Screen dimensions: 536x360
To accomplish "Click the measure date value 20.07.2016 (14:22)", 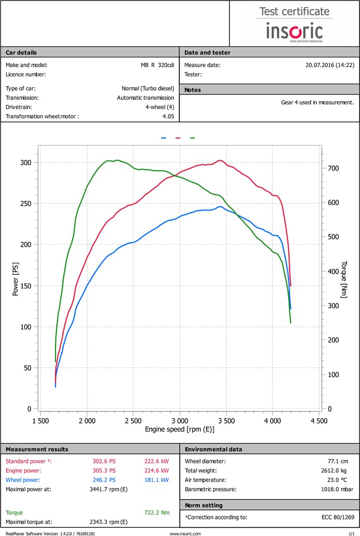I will coord(330,65).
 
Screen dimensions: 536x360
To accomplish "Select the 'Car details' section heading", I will coord(21,52).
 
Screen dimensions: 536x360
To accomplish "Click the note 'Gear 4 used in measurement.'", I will coord(318,102).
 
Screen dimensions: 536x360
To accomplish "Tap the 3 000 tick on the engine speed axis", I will coord(179,421).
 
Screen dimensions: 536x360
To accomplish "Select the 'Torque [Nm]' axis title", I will coord(344,279).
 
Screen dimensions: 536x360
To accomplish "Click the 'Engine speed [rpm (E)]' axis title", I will coord(180,430).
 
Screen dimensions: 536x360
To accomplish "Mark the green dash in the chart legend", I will coord(193,138).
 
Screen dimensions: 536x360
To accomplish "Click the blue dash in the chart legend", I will coord(164,138).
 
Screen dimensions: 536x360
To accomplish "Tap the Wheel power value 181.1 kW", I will coord(157,480).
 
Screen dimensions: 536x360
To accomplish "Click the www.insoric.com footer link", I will coord(185,533).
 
